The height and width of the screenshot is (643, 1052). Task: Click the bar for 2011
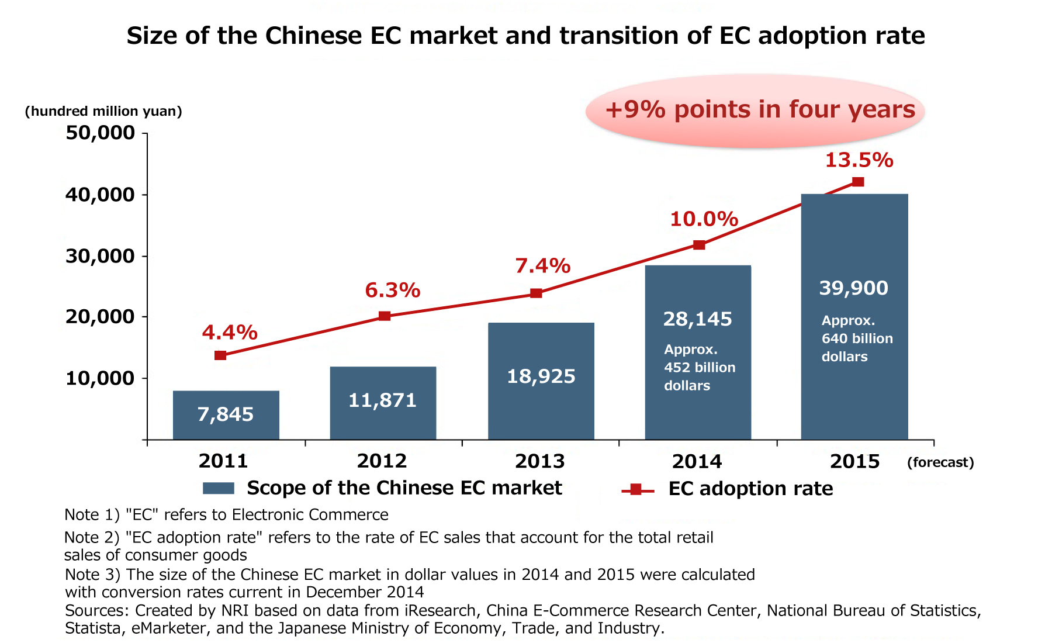pos(226,415)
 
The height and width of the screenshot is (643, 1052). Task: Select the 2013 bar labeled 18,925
pos(541,381)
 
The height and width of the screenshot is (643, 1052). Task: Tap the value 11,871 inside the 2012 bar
pos(382,400)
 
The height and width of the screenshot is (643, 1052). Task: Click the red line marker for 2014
pos(699,245)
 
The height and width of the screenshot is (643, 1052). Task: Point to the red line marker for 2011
pos(220,355)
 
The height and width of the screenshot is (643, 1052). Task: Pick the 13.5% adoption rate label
pos(859,160)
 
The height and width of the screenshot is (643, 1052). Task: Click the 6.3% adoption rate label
pos(393,290)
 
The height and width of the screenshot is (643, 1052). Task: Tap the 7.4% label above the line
pos(542,266)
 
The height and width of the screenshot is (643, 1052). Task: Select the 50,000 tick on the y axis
pos(101,133)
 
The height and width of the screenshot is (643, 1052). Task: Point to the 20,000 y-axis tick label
pos(101,317)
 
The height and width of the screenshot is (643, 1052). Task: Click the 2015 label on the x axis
pos(854,462)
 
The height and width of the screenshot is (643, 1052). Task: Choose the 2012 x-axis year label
pos(382,461)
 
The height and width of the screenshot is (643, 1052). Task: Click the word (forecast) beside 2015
pos(940,462)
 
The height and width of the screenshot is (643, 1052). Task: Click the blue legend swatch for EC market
pos(219,488)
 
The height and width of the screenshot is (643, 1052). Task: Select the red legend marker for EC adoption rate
pos(637,489)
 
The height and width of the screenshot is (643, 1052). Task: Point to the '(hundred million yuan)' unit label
pos(103,111)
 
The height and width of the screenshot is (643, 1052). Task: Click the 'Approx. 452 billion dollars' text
pos(699,368)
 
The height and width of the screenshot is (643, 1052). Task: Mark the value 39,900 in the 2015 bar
pos(853,288)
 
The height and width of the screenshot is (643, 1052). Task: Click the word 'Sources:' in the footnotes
pos(97,611)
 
